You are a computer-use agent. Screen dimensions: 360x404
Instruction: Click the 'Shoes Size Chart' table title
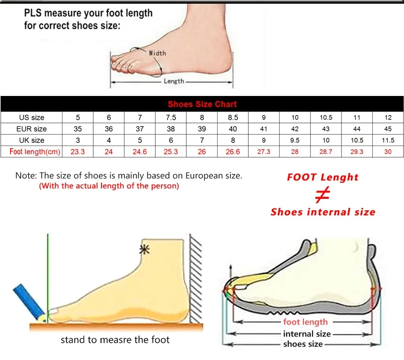[202, 104]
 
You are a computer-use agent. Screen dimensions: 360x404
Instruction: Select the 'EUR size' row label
[32, 129]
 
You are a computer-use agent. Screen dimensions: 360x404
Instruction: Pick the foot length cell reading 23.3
[78, 152]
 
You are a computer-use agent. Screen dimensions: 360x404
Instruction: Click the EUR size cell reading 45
[388, 129]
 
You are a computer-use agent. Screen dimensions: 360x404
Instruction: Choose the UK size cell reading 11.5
[388, 140]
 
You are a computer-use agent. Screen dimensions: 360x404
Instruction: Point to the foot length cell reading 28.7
[326, 152]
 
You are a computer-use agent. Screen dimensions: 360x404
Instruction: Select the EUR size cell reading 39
[202, 129]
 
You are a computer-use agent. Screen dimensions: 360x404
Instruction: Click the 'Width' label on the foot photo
[157, 53]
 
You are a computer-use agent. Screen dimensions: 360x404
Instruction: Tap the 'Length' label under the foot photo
[174, 81]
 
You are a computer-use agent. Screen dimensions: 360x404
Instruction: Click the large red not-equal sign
[323, 195]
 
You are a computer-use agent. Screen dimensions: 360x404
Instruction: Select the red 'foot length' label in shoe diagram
[305, 322]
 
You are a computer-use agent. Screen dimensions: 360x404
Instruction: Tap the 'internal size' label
[307, 334]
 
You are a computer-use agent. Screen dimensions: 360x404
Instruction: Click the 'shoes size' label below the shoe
[303, 344]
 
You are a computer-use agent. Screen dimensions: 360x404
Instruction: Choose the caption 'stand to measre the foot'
[115, 340]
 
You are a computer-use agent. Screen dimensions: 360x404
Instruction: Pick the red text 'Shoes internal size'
[323, 212]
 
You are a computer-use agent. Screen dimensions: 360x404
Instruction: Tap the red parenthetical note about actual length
[109, 186]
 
